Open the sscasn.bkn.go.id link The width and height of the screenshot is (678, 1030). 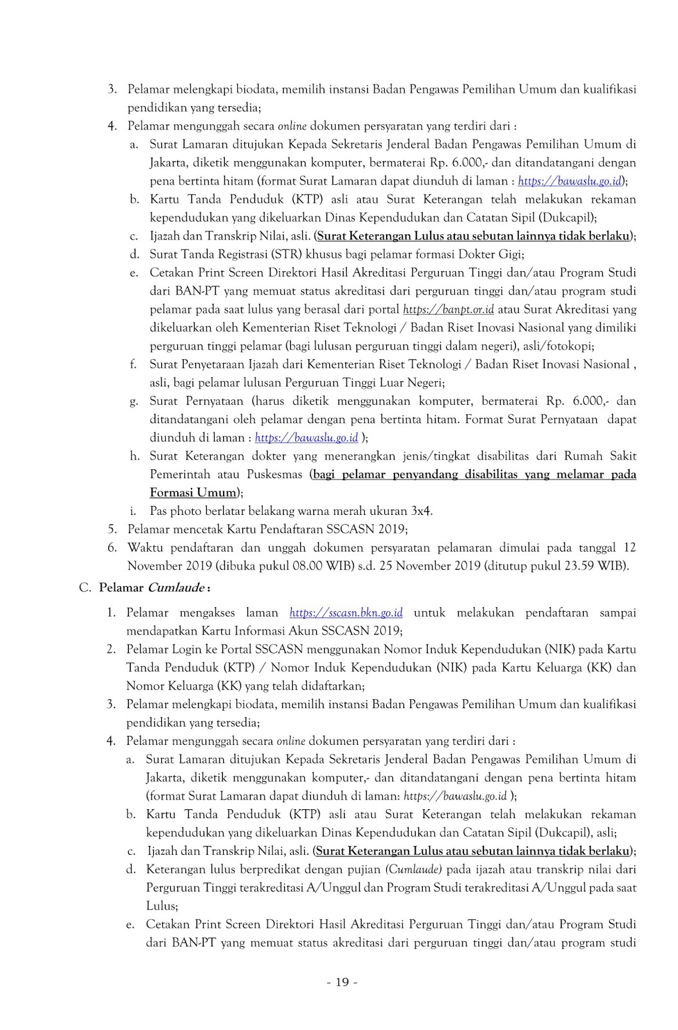click(x=346, y=612)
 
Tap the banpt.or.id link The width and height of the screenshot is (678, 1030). click(x=449, y=309)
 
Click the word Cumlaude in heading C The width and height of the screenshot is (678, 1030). click(x=177, y=588)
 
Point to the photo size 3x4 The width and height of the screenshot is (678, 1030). click(x=421, y=511)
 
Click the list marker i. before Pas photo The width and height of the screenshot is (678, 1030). click(x=133, y=511)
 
